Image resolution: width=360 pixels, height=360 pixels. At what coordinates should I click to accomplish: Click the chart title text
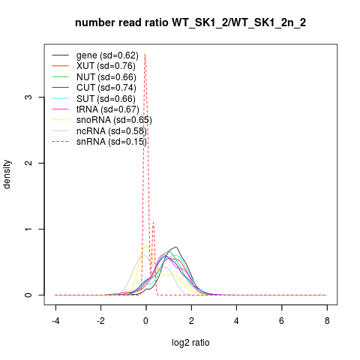tap(190, 22)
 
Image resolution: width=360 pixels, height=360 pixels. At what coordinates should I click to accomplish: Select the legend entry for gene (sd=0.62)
tap(107, 55)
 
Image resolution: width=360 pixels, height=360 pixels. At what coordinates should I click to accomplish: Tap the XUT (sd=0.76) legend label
tap(106, 66)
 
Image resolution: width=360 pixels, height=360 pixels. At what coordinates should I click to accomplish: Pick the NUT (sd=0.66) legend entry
tap(106, 77)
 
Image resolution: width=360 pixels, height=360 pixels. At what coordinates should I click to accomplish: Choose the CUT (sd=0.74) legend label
tap(106, 88)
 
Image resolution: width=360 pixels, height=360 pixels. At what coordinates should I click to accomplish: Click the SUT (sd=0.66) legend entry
tap(106, 99)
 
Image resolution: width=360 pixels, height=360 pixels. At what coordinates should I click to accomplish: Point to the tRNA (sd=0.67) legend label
tap(108, 109)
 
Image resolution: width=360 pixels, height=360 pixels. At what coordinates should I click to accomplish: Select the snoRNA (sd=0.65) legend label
tap(114, 120)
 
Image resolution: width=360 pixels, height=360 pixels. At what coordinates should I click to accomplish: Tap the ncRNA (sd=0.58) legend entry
tap(112, 131)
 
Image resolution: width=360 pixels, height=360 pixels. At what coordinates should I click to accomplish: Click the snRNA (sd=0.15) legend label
tap(112, 142)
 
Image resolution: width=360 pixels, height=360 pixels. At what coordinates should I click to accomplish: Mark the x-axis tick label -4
tap(55, 321)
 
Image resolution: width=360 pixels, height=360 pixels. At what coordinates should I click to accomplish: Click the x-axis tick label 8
tap(327, 321)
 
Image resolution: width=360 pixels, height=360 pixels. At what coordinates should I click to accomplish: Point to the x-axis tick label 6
tap(282, 321)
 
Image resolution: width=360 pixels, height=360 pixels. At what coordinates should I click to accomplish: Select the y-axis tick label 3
tap(28, 97)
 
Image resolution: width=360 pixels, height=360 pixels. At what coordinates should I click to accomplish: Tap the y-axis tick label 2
tap(28, 163)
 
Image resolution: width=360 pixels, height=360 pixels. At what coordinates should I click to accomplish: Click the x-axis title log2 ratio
tap(190, 343)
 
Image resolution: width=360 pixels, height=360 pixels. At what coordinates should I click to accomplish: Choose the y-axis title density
tap(7, 175)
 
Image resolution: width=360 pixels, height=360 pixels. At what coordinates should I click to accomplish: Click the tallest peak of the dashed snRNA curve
tap(145, 54)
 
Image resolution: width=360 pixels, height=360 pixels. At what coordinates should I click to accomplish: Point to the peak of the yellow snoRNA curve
tap(145, 246)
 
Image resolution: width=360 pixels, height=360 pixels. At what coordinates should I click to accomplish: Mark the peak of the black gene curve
tap(176, 247)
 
